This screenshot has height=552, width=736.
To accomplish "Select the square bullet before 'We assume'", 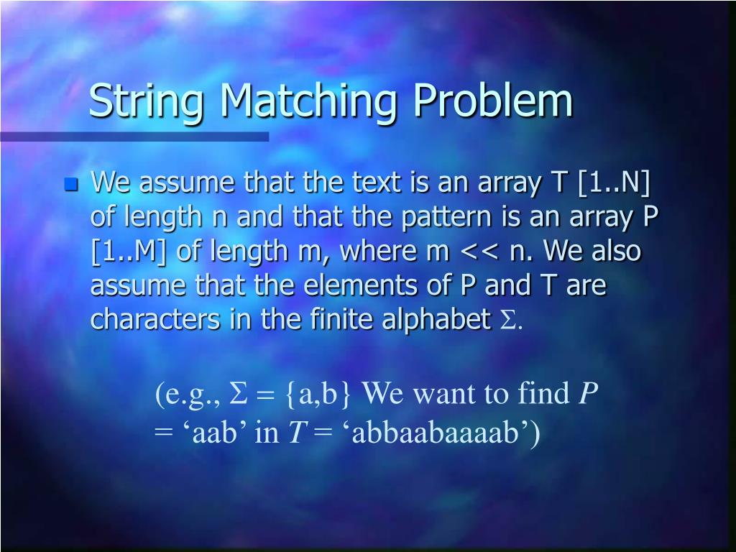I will pyautogui.click(x=70, y=185).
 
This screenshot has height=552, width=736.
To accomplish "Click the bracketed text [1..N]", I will pyautogui.click(x=613, y=183).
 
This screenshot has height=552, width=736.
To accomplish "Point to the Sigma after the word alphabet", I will pyautogui.click(x=507, y=321).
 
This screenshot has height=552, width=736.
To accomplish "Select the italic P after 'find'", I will pyautogui.click(x=588, y=394).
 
